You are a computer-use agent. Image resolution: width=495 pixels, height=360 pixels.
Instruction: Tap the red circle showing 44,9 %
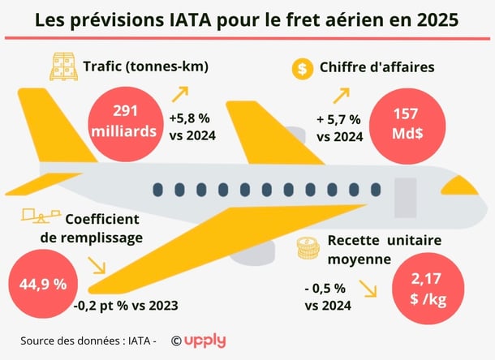(x=37, y=285)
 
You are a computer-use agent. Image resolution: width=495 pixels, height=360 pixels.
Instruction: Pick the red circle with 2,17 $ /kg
(x=426, y=291)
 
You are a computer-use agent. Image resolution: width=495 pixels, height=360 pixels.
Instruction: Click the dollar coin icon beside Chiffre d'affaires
(x=302, y=69)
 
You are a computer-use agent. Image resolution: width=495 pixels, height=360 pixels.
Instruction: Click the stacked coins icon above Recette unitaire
(x=308, y=248)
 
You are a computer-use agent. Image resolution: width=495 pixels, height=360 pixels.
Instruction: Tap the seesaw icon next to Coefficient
(x=37, y=216)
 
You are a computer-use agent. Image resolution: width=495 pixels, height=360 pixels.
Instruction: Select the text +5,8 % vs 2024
(x=192, y=126)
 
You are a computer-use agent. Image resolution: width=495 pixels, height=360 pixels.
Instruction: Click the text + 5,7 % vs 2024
(x=339, y=126)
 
